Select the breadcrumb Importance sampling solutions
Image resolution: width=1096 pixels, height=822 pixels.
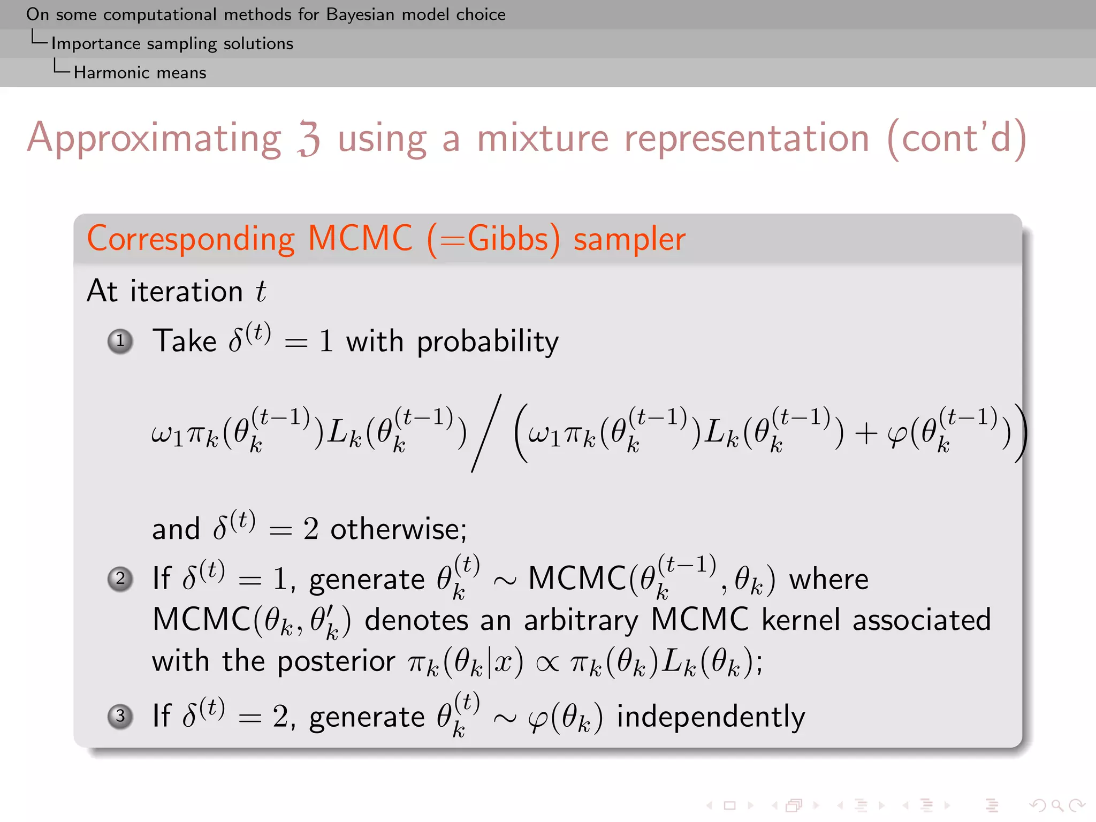click(172, 43)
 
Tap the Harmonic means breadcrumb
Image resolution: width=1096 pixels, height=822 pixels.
click(140, 72)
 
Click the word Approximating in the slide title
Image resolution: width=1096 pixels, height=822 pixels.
click(154, 138)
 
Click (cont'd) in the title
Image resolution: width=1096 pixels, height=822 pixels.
click(956, 138)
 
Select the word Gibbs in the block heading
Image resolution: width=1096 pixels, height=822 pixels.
click(508, 239)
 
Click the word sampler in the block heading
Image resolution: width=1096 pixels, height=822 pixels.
click(629, 239)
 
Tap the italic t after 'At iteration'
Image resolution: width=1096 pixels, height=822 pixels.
click(261, 292)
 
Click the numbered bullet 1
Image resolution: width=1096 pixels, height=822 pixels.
click(120, 341)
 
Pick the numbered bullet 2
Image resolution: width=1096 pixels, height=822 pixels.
click(120, 579)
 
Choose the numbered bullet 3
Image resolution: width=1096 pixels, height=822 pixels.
click(120, 716)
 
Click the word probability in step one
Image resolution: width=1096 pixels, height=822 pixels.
click(488, 342)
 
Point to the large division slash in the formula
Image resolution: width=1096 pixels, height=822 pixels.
click(486, 433)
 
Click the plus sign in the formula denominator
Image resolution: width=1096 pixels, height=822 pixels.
click(865, 433)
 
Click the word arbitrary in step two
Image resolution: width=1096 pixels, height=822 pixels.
click(581, 621)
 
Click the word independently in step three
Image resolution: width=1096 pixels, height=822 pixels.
click(711, 717)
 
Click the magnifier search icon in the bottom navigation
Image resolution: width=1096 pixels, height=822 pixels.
click(1056, 805)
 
